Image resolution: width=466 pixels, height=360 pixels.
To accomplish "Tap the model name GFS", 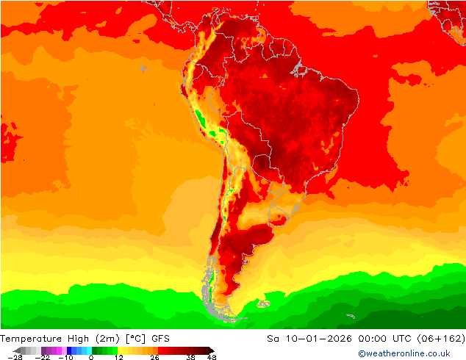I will (x=161, y=339).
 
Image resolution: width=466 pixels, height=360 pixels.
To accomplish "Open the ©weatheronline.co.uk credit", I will (x=404, y=353).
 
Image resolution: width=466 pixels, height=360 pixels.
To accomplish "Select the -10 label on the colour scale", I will (x=65, y=357).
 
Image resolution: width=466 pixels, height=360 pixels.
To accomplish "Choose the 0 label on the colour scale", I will (x=91, y=357).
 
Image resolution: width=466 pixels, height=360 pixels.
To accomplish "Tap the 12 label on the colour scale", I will (x=118, y=357).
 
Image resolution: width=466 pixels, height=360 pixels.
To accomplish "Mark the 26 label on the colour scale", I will (x=154, y=357).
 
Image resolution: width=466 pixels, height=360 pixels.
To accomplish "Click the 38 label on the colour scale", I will (x=190, y=357).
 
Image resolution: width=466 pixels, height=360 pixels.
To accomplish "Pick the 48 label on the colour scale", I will (x=212, y=357).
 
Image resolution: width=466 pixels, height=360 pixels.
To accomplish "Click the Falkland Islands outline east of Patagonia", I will (x=263, y=302).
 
